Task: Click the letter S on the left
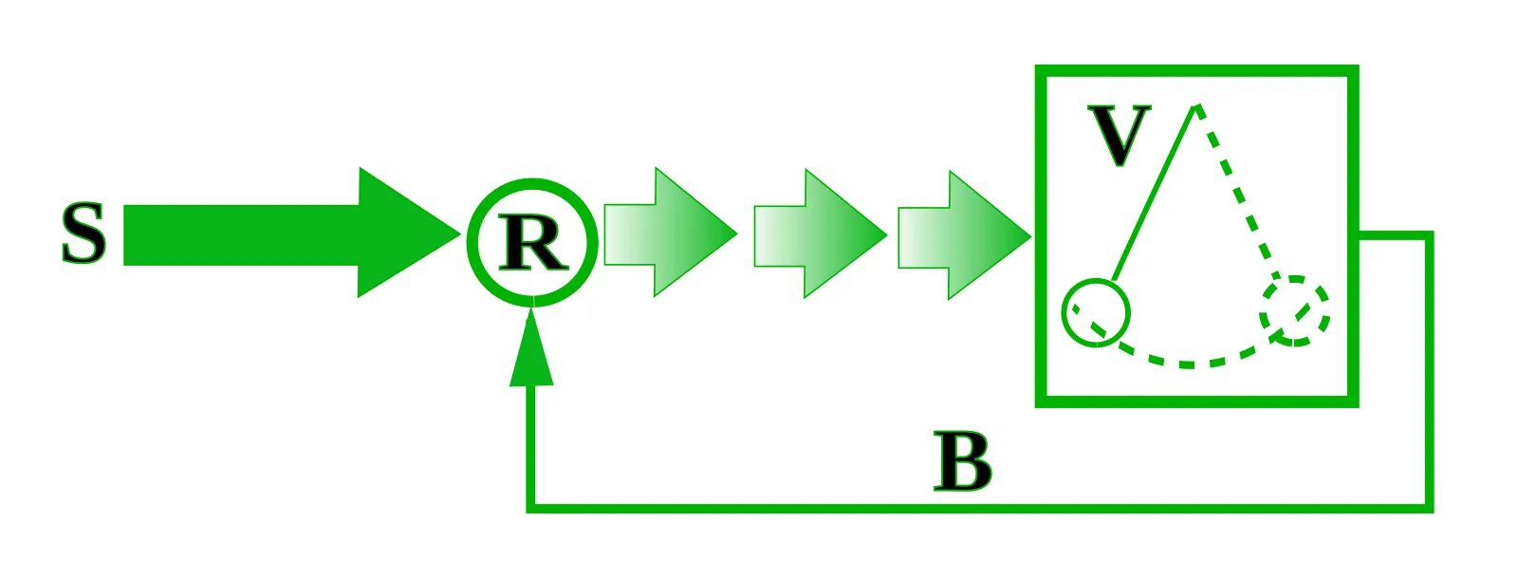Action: [83, 234]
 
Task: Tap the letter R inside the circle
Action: [533, 244]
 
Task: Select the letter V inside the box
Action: [1119, 137]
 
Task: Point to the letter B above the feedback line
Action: [962, 462]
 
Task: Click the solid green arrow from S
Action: [285, 233]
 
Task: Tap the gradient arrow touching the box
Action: [963, 234]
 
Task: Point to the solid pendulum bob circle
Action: [1096, 312]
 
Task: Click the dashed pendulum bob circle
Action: [1295, 310]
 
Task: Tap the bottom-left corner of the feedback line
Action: [531, 508]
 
